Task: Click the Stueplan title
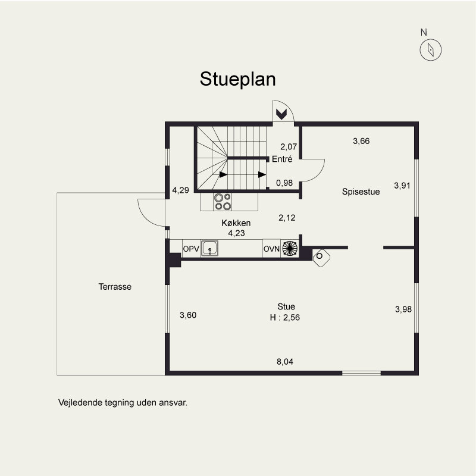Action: (237, 80)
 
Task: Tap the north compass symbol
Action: (430, 49)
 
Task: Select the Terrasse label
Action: (115, 287)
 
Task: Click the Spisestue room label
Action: (361, 192)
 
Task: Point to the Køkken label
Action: (236, 223)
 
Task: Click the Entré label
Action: (282, 159)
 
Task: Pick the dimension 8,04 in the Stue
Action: (285, 362)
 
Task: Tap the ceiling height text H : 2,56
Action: (285, 317)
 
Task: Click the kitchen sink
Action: (209, 248)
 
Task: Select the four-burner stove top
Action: (223, 202)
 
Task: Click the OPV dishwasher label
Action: (191, 249)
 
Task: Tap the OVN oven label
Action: (271, 249)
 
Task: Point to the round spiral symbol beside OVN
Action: (290, 248)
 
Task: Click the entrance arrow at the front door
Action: (281, 114)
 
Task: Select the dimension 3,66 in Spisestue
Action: (361, 141)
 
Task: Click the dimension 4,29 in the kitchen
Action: (181, 190)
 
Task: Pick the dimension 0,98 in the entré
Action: (284, 183)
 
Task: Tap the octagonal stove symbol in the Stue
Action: (321, 258)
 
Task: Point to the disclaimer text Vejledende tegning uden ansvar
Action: (123, 403)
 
